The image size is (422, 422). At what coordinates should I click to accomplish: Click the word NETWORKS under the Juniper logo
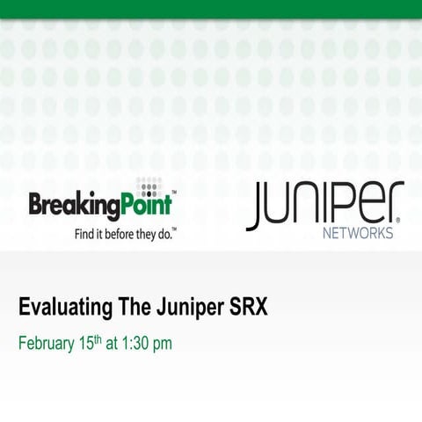pyautogui.click(x=358, y=234)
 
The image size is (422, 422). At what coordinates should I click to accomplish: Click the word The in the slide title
pyautogui.click(x=124, y=309)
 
